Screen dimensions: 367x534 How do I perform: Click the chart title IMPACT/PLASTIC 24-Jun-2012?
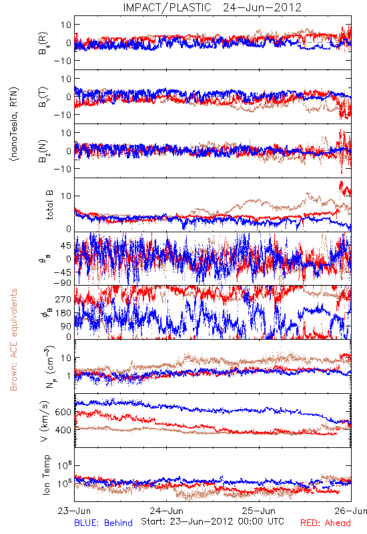212,7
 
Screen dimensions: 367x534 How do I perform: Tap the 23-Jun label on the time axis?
74,511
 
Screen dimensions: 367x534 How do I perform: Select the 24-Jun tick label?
166,511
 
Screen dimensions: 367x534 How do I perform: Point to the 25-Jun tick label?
259,511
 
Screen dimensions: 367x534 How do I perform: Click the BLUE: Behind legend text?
103,523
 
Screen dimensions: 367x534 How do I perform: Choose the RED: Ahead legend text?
326,523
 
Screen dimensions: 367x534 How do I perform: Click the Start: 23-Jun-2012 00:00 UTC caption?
212,521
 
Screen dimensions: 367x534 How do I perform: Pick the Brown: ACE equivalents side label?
13,340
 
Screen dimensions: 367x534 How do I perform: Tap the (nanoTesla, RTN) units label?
14,124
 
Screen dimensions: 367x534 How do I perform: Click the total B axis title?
49,205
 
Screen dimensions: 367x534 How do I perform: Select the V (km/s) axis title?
45,421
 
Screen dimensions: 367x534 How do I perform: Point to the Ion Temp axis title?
46,475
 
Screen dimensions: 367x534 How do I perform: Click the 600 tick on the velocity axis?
63,412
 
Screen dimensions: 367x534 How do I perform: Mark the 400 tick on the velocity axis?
63,430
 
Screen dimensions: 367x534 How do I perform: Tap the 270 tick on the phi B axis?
63,300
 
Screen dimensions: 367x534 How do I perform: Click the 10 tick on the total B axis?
66,196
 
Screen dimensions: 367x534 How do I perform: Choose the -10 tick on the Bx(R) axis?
62,61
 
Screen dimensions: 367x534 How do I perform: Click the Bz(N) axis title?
43,151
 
